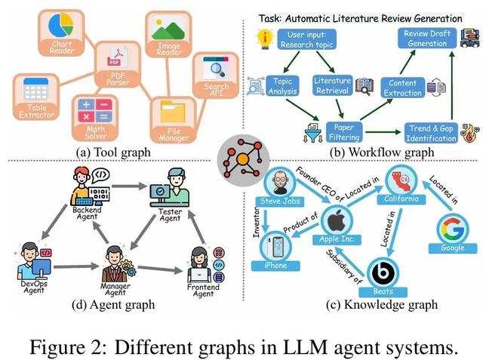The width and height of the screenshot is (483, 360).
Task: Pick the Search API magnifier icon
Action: pyautogui.click(x=214, y=73)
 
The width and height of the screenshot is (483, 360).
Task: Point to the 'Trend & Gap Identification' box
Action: pyautogui.click(x=429, y=133)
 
